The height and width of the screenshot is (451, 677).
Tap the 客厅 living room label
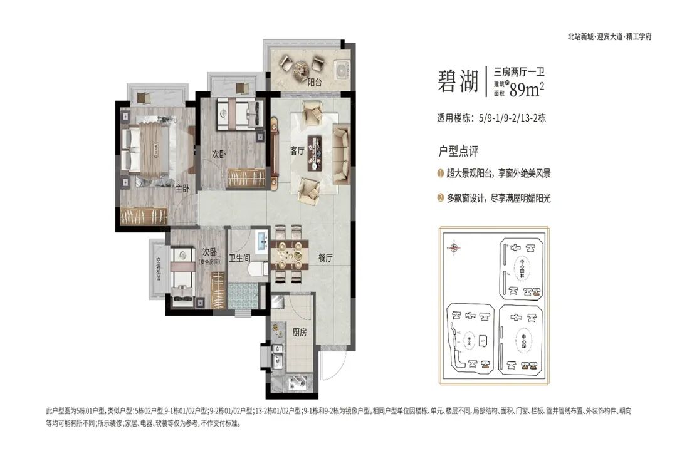(x=297, y=151)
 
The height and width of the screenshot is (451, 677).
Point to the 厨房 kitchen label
(x=299, y=333)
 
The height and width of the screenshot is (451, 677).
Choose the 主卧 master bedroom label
(x=182, y=188)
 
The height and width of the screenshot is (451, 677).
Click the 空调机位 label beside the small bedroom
(x=158, y=270)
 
